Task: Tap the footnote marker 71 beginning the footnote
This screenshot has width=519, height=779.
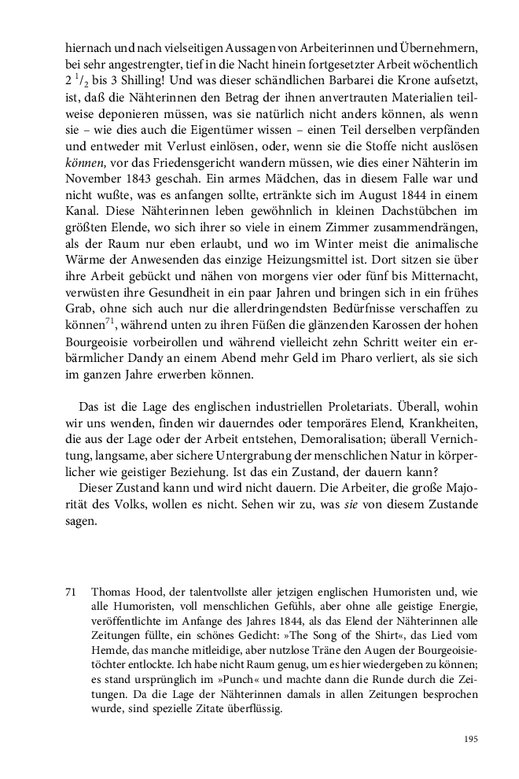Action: [72, 589]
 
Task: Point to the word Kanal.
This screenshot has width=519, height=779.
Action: [83, 239]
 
